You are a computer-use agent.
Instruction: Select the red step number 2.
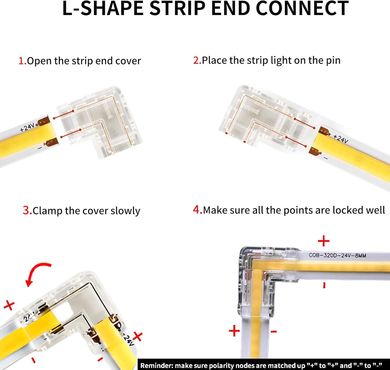pos(197,60)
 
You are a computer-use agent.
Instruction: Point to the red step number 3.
pos(27,210)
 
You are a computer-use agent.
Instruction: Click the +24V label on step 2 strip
pos(340,139)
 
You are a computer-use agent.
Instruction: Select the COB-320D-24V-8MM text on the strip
pos(337,255)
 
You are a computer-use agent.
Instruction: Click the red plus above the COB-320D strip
pos(324,241)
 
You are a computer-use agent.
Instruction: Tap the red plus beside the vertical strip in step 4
pos(234,331)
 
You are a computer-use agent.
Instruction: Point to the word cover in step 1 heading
pos(128,61)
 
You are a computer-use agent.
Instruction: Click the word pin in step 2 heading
pos(333,60)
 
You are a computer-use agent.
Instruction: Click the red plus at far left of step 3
pos(9,305)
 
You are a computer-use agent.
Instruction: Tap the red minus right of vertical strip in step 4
pos(274,331)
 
